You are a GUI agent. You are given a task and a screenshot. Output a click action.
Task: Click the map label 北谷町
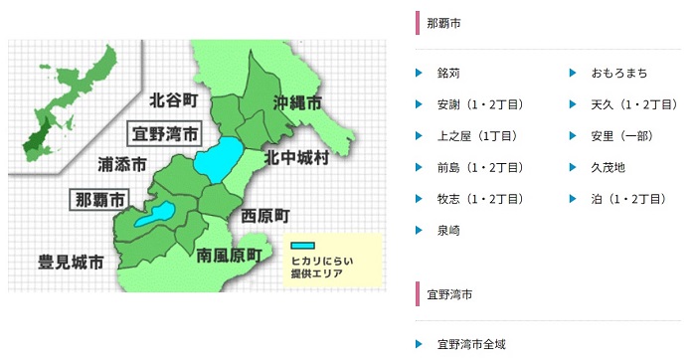175,100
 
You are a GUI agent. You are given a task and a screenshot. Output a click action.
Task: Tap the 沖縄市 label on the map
297,103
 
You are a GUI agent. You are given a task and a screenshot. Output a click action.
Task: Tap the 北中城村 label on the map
295,159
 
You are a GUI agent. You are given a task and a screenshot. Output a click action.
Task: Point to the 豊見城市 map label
71,264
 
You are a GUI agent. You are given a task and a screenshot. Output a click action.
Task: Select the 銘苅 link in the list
448,74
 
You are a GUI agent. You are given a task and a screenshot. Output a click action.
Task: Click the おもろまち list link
618,74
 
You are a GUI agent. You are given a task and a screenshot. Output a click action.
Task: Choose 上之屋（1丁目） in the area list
473,136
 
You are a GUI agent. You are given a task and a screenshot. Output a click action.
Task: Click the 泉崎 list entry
448,230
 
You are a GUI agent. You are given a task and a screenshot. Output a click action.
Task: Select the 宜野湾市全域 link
471,344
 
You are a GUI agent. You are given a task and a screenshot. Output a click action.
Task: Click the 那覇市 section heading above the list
443,22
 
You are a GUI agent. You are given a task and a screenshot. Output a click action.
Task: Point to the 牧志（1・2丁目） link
480,199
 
